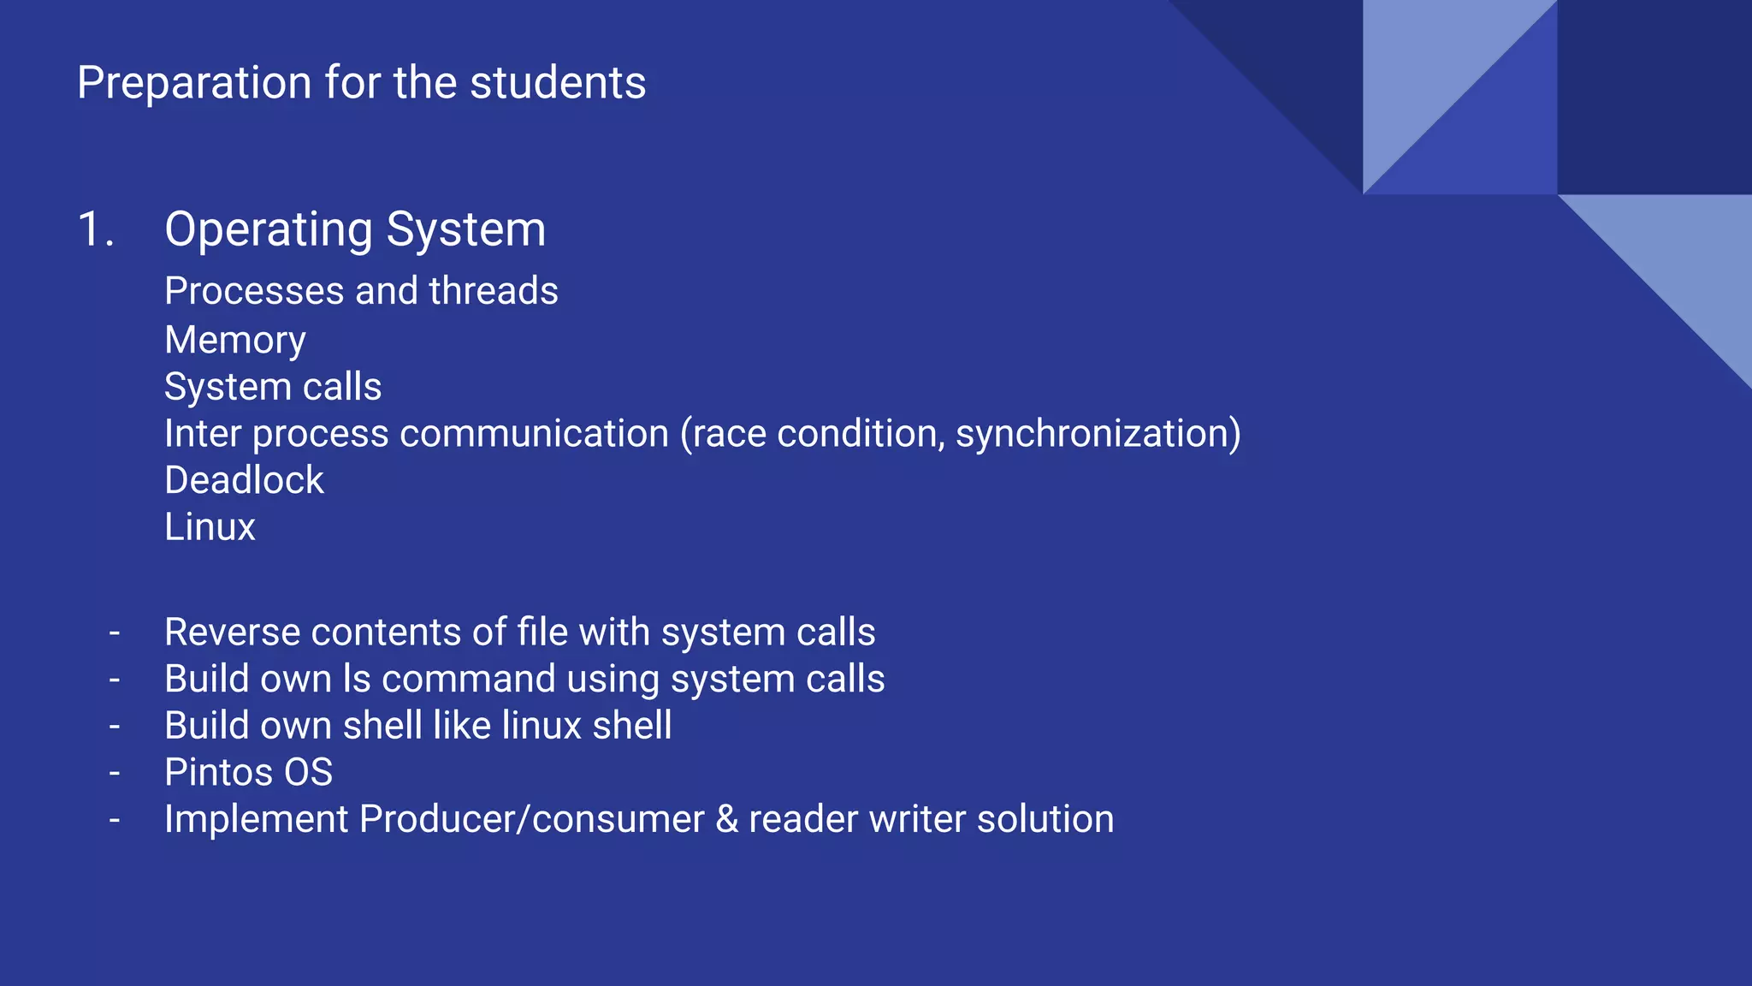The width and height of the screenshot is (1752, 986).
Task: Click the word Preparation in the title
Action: pyautogui.click(x=194, y=84)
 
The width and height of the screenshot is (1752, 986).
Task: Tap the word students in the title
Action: pyautogui.click(x=558, y=83)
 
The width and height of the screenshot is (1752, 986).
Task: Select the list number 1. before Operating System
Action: pyautogui.click(x=96, y=229)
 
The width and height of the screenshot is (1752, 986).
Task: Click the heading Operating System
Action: pyautogui.click(x=355, y=229)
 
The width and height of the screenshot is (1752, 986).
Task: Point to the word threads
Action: pyautogui.click(x=494, y=291)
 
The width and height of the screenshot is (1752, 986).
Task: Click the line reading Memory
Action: pyautogui.click(x=235, y=340)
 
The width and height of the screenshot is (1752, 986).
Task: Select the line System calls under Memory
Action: pyautogui.click(x=273, y=387)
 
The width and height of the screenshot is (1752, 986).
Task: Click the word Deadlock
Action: pyautogui.click(x=244, y=480)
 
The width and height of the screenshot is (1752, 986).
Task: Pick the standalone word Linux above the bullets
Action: pyautogui.click(x=210, y=527)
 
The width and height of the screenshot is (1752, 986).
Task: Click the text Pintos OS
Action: pyautogui.click(x=248, y=772)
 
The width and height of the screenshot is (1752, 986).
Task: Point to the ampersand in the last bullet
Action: pyautogui.click(x=726, y=819)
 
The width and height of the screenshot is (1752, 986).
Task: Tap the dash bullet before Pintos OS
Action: pyautogui.click(x=115, y=773)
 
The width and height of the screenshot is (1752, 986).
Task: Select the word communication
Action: pyautogui.click(x=534, y=433)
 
